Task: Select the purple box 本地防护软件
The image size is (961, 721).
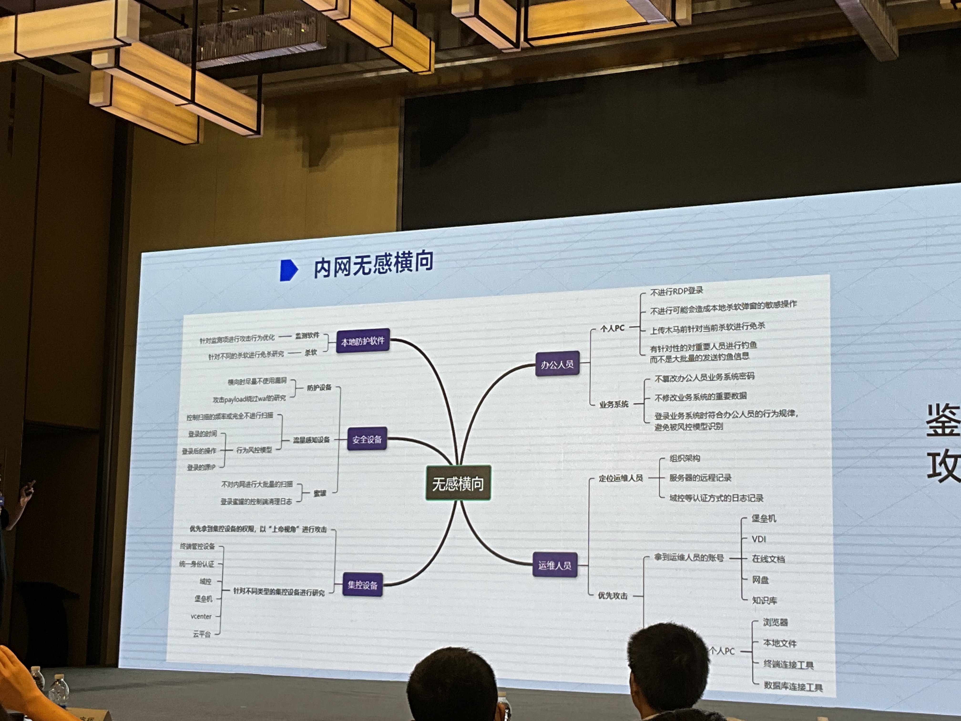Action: click(363, 341)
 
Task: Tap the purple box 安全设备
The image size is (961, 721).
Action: click(367, 439)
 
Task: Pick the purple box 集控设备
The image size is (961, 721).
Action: click(362, 585)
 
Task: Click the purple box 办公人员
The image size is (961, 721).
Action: click(557, 364)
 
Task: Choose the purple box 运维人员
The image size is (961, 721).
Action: click(555, 565)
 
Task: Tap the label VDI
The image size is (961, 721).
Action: click(759, 539)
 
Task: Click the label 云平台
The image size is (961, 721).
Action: click(202, 634)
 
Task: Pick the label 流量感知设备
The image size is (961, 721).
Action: click(311, 440)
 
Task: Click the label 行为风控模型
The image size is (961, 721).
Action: click(254, 450)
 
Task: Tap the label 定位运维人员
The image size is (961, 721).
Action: click(620, 478)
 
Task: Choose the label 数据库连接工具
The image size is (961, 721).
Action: click(793, 687)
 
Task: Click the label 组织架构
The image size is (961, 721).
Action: click(685, 458)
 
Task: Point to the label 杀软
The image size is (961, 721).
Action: click(311, 352)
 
